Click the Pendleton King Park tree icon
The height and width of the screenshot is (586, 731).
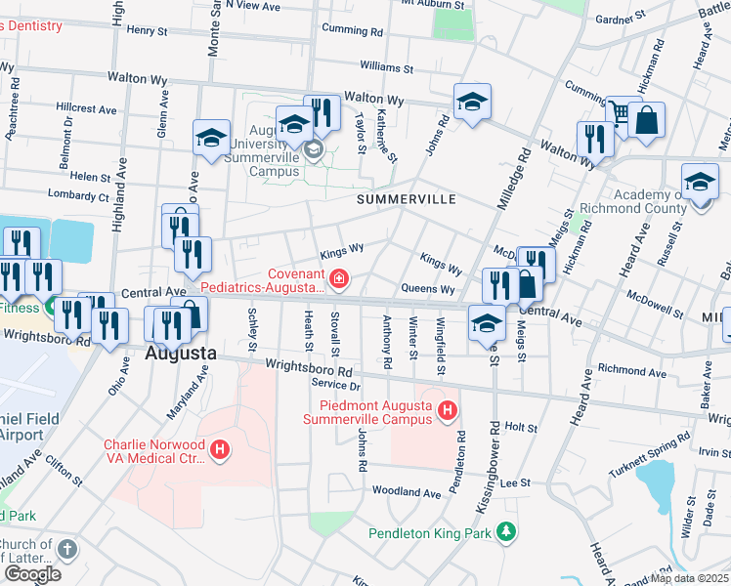[506, 532]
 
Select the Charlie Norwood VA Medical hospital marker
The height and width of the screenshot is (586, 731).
[221, 450]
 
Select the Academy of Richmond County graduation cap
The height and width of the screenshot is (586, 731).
[700, 183]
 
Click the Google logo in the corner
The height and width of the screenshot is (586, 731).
[32, 574]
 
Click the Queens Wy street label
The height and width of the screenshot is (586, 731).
[428, 289]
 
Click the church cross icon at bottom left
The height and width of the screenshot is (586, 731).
[65, 549]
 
